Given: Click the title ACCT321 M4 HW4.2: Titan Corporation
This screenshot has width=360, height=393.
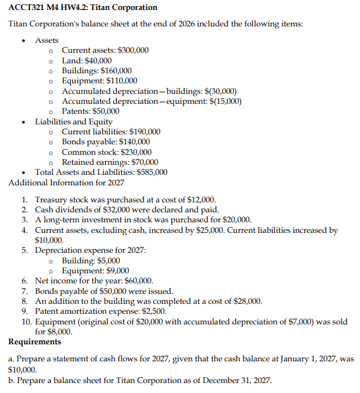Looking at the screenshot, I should coord(83,8).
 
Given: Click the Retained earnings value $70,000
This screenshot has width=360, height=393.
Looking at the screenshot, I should coord(143,162).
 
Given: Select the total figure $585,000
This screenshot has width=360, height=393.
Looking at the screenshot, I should coord(152,172).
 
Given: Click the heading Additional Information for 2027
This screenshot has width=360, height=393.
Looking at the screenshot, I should coord(66,182).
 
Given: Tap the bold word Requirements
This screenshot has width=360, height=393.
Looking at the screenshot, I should coord(35,341).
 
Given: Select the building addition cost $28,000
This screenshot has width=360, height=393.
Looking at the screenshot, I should coord(246,301).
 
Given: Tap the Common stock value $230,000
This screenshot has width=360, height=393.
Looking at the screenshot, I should coord(136,152).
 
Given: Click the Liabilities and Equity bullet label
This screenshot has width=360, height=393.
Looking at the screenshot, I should coord(73,121).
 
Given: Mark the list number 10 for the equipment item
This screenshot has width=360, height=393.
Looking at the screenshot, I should coord(26,322).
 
